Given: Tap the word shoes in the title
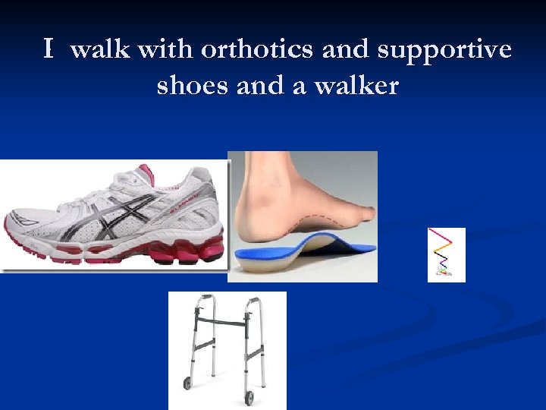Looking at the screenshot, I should (193, 86).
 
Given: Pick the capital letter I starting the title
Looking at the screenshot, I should (49, 50).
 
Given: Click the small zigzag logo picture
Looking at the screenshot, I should (446, 255).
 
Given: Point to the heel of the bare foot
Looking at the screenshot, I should (247, 228).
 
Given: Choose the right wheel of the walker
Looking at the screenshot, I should (249, 397).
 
